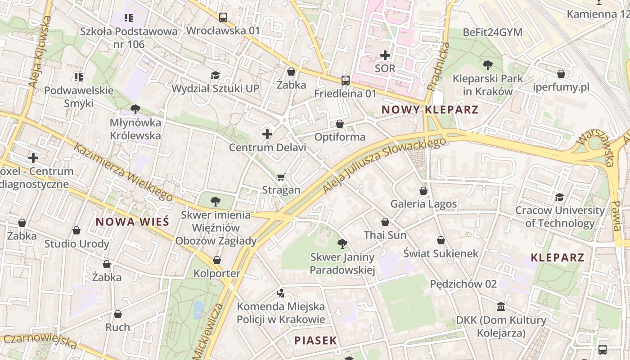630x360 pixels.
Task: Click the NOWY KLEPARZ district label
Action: tap(430, 109)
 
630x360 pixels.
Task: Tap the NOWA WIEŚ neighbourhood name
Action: tap(132, 221)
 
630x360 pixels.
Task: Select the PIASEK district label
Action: tap(316, 340)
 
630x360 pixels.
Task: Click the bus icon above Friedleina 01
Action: tap(345, 81)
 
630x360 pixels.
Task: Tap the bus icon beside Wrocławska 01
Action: tap(223, 18)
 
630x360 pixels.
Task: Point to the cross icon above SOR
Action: tap(385, 55)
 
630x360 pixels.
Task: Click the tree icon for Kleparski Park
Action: tap(487, 65)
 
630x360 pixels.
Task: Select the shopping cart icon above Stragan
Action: tap(281, 177)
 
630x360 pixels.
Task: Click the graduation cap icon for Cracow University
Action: tap(559, 197)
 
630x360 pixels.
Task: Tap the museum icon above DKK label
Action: tap(500, 307)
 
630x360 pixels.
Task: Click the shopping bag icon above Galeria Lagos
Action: tap(423, 191)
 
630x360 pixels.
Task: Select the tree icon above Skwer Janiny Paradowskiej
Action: tap(342, 244)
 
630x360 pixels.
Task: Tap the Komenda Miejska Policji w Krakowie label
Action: tap(281, 313)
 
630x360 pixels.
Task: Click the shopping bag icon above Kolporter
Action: tap(217, 260)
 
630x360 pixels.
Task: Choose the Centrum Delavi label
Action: tap(267, 147)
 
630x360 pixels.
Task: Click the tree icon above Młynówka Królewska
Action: tap(135, 109)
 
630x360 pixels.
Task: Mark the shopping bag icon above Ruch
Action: tap(118, 314)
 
